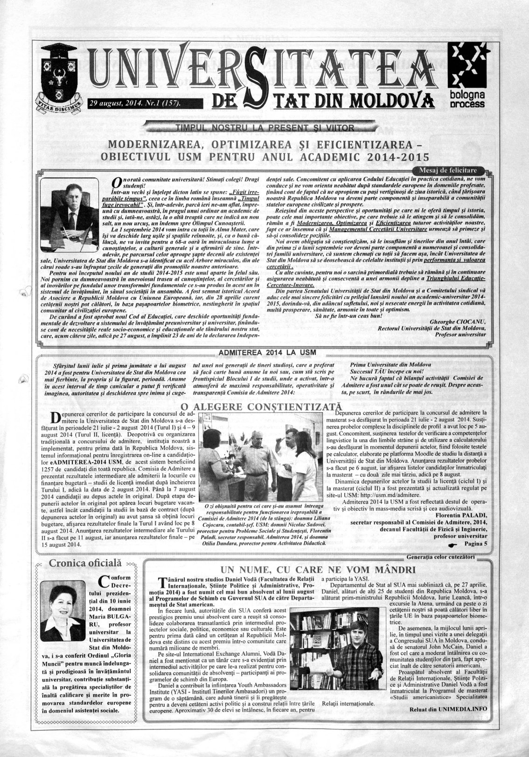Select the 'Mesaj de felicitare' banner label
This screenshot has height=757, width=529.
pyautogui.click(x=452, y=169)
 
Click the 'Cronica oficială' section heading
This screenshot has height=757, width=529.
pyautogui.click(x=85, y=564)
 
